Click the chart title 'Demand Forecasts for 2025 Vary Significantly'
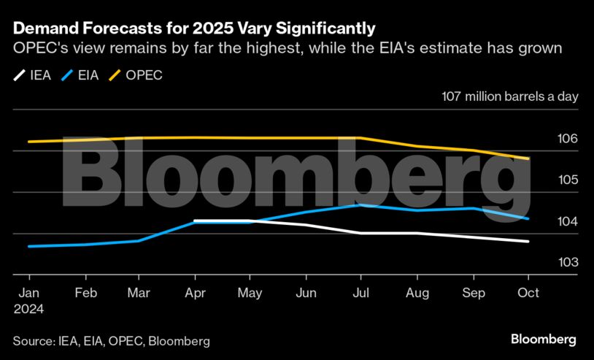194,29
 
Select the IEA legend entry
32,74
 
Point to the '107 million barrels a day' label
509,97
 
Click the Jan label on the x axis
28,293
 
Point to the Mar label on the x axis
139,293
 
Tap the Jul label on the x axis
360,293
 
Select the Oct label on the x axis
528,293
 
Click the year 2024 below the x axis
29,309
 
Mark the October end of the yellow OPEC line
528,158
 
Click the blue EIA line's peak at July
360,205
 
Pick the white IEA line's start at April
195,221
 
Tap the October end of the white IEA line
528,242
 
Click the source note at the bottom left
111,341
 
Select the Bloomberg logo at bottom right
543,339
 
